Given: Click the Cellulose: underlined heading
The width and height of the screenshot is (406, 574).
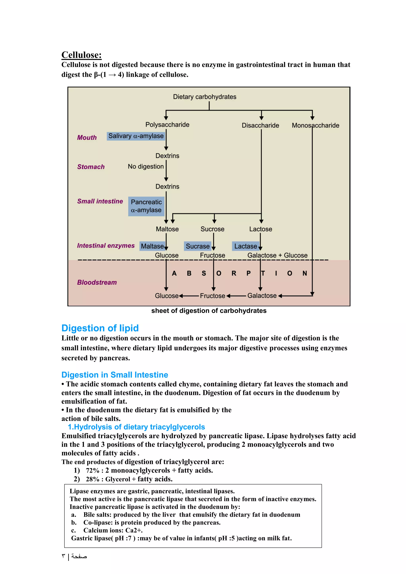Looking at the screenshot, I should point(81,55).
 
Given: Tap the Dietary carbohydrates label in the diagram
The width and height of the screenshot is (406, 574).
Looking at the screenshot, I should point(205,97).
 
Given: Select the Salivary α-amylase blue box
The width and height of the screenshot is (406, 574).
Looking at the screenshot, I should point(136,136).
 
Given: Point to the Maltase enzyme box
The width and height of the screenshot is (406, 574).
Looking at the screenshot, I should point(152,246).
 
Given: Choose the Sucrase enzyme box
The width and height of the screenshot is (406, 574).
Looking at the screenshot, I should point(197,246).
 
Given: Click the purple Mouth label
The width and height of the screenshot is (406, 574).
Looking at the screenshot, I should point(87,138).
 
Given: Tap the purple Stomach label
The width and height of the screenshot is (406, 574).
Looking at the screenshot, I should point(91,167).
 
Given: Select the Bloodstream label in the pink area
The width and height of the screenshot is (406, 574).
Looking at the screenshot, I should point(97,282).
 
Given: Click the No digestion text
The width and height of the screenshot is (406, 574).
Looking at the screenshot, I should point(146,166).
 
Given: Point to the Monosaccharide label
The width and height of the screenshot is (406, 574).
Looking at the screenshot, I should point(315,125).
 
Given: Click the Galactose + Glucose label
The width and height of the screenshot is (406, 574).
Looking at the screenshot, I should point(277,255).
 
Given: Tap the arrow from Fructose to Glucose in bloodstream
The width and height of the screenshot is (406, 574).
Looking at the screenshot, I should point(189,296).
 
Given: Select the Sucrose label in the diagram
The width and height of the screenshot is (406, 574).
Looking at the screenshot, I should point(212,229).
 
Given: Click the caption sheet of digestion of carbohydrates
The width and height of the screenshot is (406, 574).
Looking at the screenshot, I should point(209,311).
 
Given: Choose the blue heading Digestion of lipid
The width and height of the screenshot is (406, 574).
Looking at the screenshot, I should point(100,328).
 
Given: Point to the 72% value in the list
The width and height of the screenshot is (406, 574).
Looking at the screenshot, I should point(93,471).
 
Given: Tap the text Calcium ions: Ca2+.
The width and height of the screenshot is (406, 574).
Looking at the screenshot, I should point(113,530).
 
